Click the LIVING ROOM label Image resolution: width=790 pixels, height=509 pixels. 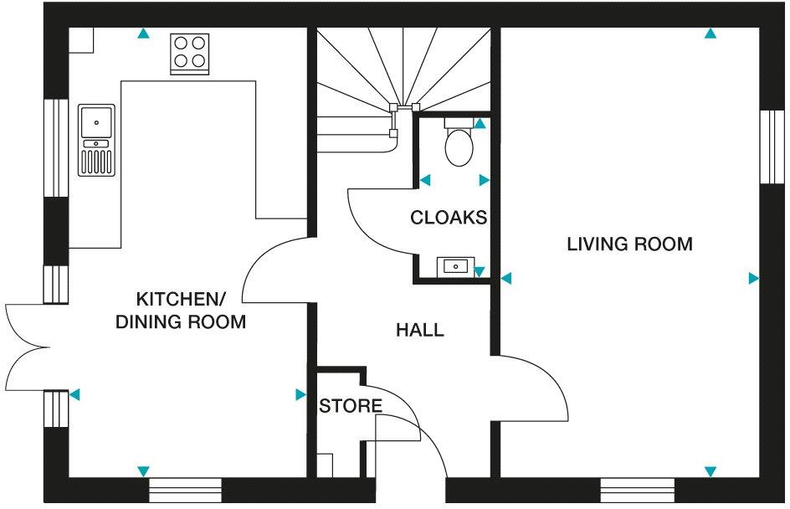629,244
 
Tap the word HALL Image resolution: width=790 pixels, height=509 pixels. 419,330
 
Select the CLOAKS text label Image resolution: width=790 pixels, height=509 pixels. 448,218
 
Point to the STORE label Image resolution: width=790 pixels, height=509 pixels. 350,407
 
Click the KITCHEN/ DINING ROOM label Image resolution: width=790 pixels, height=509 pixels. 181,311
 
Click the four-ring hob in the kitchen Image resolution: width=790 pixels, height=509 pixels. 191,50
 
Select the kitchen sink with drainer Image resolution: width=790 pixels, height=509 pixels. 96,140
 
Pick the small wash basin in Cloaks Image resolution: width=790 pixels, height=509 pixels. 455,267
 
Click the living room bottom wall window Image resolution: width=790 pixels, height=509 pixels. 637,488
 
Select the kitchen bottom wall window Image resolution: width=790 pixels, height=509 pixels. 185,488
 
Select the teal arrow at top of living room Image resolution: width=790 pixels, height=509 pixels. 710,34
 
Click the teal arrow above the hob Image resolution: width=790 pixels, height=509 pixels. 144,34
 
